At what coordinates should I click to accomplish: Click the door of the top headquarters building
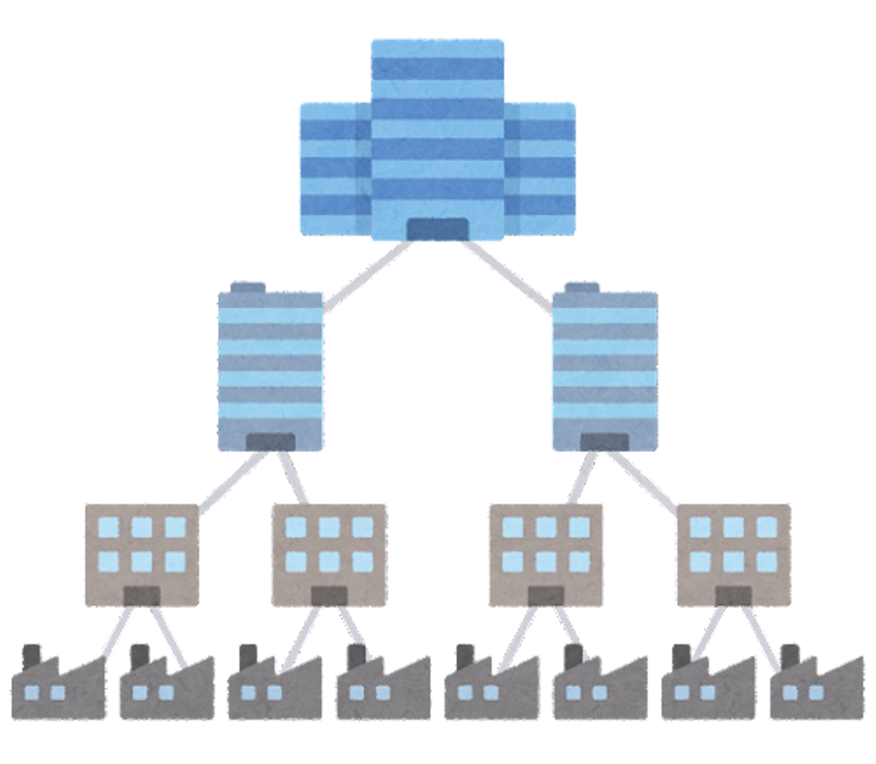click(x=437, y=229)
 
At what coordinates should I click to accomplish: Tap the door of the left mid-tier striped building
click(x=271, y=443)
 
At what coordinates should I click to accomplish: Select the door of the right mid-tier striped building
click(x=605, y=443)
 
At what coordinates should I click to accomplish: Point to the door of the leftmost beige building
click(x=142, y=596)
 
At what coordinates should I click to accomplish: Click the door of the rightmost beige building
click(x=734, y=596)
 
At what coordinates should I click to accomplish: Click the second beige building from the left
click(x=329, y=554)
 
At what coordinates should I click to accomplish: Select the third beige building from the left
click(x=546, y=554)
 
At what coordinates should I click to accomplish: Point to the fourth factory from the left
click(x=383, y=690)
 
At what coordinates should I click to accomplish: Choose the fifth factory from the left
click(x=490, y=690)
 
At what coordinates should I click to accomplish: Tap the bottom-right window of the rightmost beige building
click(x=766, y=560)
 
